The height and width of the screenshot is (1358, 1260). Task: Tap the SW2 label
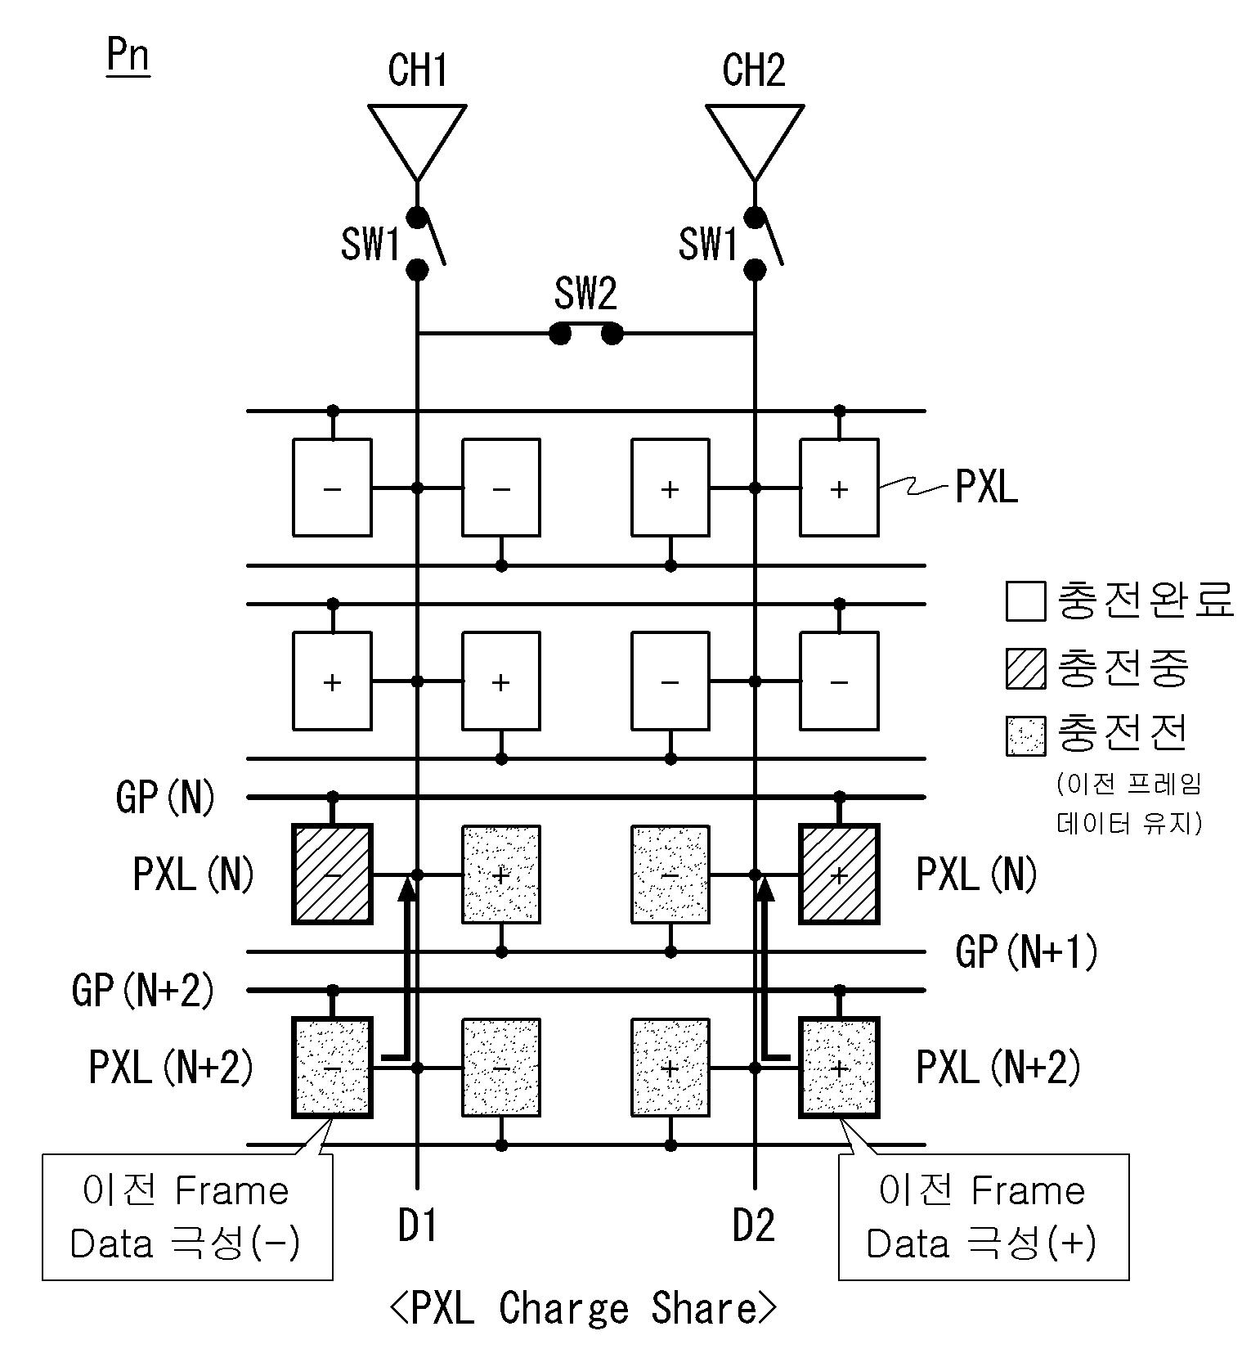(x=585, y=294)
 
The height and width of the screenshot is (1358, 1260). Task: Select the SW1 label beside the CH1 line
(x=370, y=244)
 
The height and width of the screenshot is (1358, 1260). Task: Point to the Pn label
(x=128, y=56)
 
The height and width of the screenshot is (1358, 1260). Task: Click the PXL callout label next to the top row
(x=986, y=488)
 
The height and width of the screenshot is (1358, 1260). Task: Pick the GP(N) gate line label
(x=165, y=796)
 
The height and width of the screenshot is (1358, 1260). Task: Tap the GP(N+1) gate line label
(x=1026, y=951)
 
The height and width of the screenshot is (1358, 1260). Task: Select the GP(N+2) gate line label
(x=143, y=990)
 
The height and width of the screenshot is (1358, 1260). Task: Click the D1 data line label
(x=417, y=1225)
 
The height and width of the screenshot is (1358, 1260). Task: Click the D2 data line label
(x=753, y=1225)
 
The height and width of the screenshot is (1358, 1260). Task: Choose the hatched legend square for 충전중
(x=1025, y=668)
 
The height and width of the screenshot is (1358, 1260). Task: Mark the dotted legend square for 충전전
(x=1025, y=735)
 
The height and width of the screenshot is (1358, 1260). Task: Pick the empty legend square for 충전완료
(x=1025, y=601)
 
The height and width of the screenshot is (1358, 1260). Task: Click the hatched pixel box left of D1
(x=332, y=874)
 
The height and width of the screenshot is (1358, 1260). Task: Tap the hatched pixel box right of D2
(x=839, y=874)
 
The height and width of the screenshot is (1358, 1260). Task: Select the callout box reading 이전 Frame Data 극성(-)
(x=187, y=1216)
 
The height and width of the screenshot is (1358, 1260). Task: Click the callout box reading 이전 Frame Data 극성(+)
(x=983, y=1216)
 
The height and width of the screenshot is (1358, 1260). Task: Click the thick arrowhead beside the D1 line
(x=406, y=888)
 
